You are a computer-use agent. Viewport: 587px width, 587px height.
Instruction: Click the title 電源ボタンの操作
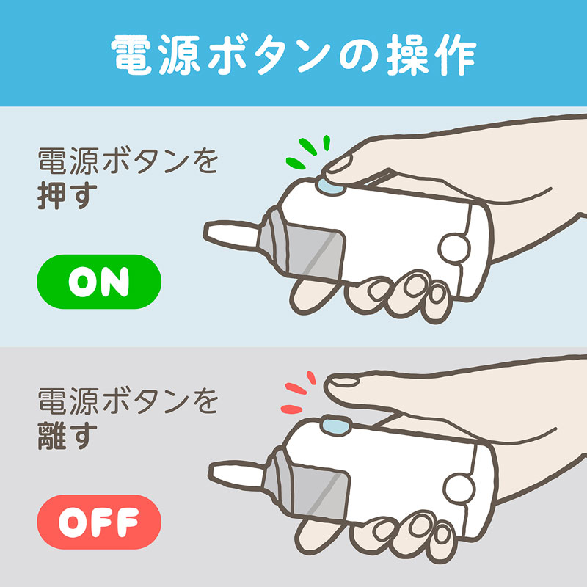[x=293, y=53]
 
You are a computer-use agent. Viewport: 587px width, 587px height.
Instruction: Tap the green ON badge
[x=98, y=282]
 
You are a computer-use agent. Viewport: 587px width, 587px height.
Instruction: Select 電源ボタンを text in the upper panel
[x=128, y=161]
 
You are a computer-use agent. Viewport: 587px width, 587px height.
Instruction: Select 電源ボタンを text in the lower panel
[x=128, y=401]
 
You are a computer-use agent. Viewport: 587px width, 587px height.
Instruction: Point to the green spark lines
[x=307, y=150]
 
